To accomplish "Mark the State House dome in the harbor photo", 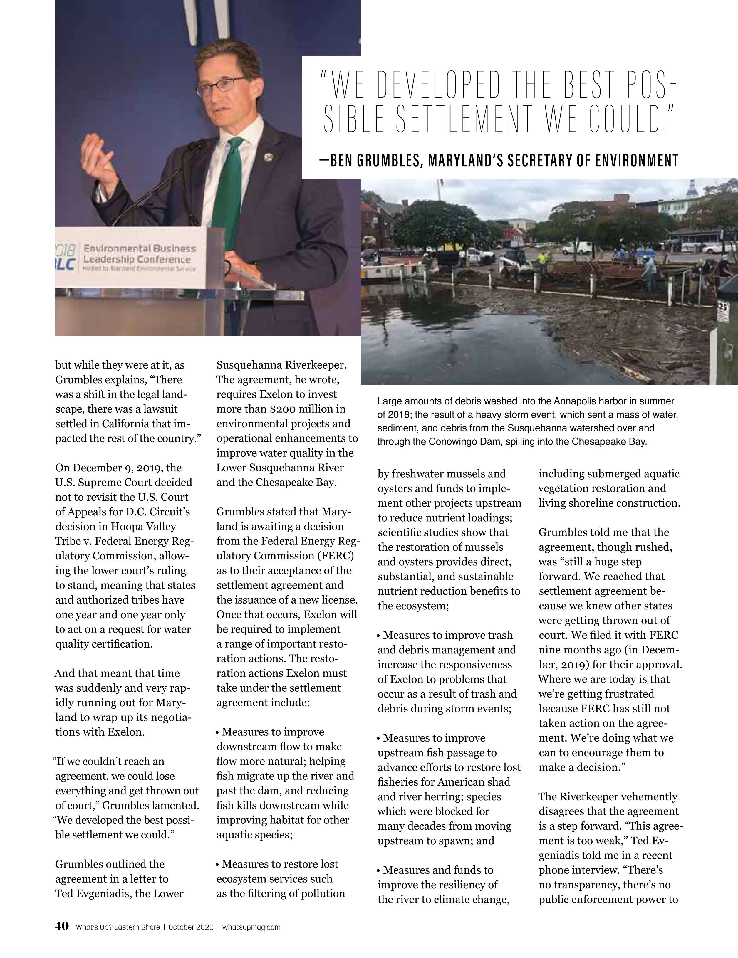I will (x=692, y=189).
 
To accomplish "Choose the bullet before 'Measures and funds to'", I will (x=379, y=870).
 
